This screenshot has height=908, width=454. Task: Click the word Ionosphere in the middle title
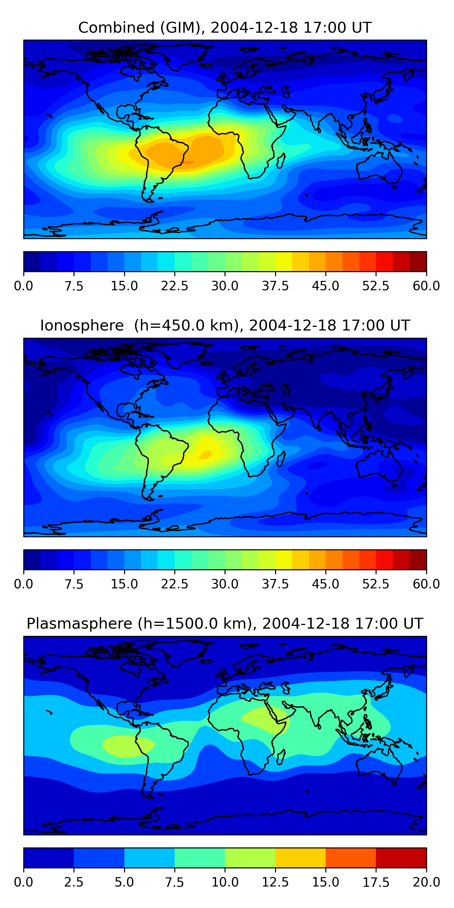(x=82, y=326)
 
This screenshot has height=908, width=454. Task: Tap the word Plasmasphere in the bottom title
(x=79, y=623)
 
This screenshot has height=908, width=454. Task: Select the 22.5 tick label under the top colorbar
(x=174, y=286)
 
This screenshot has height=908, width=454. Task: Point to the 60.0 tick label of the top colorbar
(x=426, y=286)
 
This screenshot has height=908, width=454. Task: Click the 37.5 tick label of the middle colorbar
(x=275, y=584)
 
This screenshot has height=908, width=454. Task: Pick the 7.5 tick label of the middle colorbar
(x=74, y=584)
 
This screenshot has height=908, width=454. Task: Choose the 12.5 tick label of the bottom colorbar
(x=275, y=882)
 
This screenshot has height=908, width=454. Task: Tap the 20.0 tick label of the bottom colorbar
(x=426, y=882)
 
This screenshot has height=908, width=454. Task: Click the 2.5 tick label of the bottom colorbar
(x=74, y=882)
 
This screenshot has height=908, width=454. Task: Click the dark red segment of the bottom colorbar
(x=401, y=857)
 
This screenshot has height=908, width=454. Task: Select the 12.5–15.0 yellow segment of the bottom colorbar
(x=300, y=857)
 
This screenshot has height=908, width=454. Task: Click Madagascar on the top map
(x=281, y=161)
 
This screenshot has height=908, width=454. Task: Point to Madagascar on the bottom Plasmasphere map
(x=281, y=757)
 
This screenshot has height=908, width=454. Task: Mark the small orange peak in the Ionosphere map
(x=206, y=455)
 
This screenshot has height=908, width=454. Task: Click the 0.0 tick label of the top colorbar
(x=23, y=286)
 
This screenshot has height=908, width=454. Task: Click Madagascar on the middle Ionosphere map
(x=281, y=459)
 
